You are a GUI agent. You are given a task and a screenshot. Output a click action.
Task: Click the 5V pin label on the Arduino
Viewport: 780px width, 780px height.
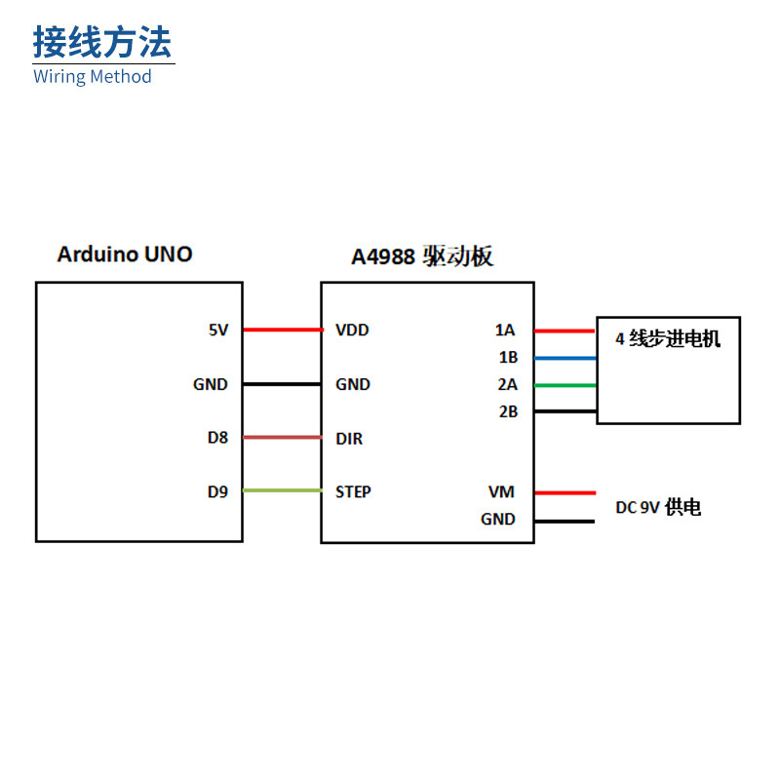[x=218, y=330]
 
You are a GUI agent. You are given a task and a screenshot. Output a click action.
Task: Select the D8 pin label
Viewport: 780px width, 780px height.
[x=217, y=438]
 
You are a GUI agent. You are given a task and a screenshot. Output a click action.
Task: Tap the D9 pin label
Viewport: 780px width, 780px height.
[x=217, y=491]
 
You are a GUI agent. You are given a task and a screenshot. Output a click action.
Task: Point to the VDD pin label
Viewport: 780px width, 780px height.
[x=352, y=330]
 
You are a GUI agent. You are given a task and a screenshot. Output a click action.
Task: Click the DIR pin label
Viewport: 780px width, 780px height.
[x=349, y=438]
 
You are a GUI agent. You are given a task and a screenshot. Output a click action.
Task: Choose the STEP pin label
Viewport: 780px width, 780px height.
[x=353, y=491]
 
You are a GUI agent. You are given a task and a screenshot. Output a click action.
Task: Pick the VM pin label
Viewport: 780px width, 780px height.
[x=501, y=492]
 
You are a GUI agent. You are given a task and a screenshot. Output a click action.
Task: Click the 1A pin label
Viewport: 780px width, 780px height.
[x=505, y=331]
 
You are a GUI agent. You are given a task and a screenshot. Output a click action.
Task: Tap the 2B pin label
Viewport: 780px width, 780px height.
[x=507, y=411]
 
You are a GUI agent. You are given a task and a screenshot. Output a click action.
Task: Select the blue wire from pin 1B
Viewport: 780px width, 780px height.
[x=565, y=358]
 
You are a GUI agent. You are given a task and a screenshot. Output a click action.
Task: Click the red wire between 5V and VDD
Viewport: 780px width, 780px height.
[x=282, y=330]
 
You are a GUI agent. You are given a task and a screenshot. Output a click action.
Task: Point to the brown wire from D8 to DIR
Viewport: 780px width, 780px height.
[x=282, y=437]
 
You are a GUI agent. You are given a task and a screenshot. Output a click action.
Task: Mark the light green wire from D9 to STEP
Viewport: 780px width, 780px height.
[x=282, y=490]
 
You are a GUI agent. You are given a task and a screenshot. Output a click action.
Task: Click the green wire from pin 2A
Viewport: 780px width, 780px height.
[x=565, y=385]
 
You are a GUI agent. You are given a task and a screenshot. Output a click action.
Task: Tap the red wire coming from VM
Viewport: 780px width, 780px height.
[x=565, y=492]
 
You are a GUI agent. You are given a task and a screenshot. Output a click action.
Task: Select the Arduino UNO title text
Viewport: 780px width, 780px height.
[x=125, y=254]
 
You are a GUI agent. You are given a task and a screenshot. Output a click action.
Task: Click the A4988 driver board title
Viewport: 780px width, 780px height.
[x=422, y=256]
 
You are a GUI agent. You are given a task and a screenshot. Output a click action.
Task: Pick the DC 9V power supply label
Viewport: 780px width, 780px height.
[x=658, y=507]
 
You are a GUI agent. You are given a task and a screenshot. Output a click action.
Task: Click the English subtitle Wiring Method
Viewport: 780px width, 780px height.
[x=93, y=76]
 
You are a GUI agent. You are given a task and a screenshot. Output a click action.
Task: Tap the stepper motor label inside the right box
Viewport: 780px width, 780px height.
[x=668, y=339]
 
